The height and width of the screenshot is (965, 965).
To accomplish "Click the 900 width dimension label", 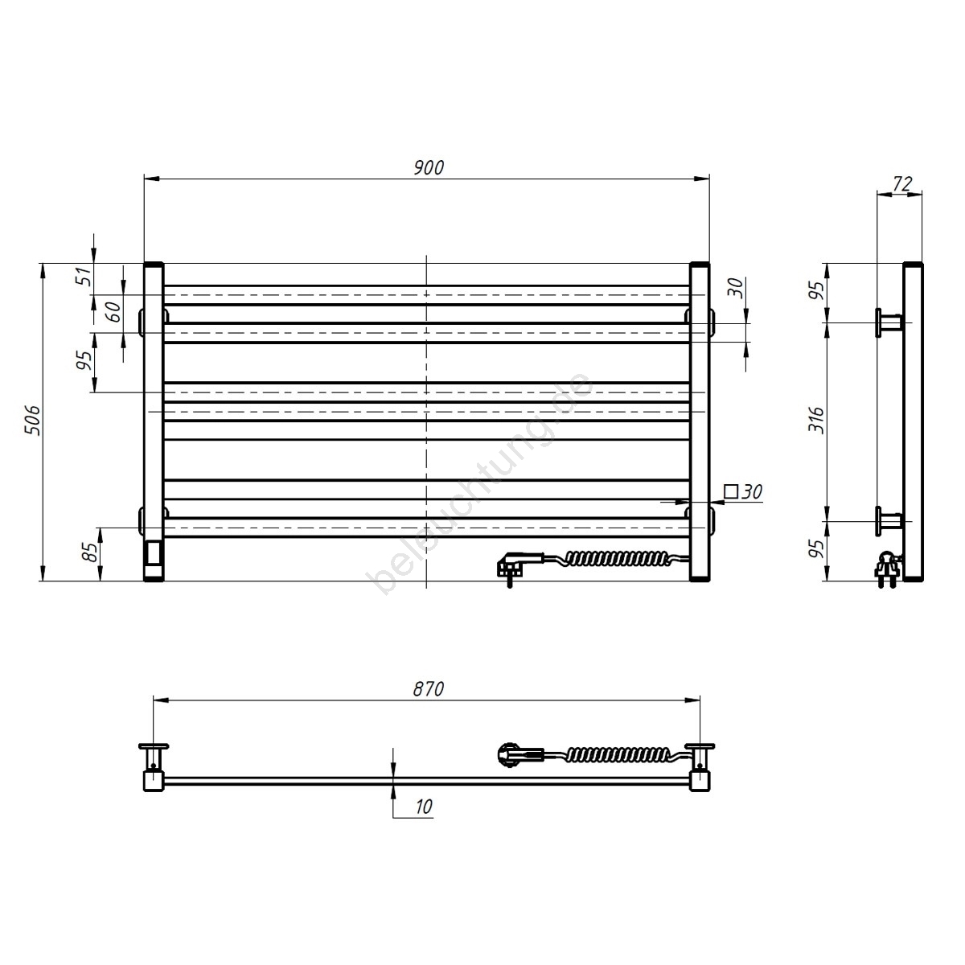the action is click(x=429, y=168).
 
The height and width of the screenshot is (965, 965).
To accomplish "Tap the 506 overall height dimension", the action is click(x=32, y=420).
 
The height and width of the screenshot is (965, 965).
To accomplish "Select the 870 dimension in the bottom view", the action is click(x=429, y=689).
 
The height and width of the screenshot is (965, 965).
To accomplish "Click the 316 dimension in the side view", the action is click(x=817, y=420).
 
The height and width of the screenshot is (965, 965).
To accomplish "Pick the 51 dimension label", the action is click(x=85, y=276).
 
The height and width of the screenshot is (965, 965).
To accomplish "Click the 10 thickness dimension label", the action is click(x=424, y=807).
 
